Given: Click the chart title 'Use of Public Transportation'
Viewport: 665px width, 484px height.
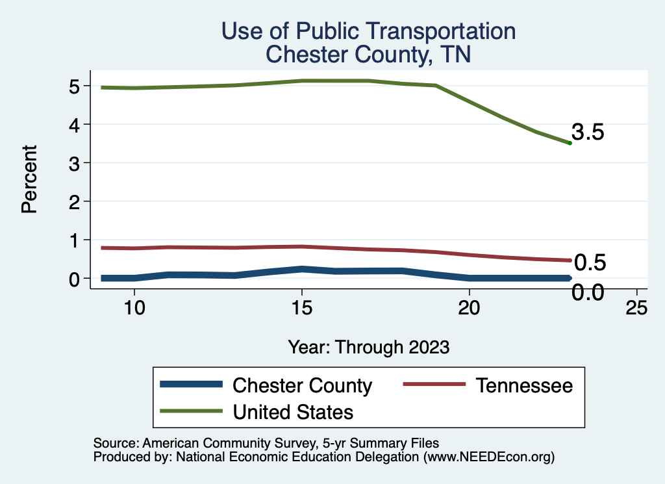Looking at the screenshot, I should tap(368, 31).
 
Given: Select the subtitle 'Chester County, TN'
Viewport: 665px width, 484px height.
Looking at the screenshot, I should tap(368, 55).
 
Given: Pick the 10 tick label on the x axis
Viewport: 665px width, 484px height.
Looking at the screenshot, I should tap(134, 309).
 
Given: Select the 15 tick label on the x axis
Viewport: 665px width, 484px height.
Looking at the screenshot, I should tap(301, 309).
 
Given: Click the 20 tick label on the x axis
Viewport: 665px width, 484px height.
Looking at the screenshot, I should tap(469, 309).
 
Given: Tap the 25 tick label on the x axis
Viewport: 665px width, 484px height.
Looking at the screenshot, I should tap(636, 309).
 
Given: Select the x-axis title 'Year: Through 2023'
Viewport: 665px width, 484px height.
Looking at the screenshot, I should tap(368, 347).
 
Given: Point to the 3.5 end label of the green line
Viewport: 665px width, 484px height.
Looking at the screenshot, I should tap(588, 133).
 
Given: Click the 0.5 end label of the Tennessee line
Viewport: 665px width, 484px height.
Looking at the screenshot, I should tap(590, 262).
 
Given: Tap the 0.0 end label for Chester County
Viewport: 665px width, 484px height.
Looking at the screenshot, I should tap(588, 293).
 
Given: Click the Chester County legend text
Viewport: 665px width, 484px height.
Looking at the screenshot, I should tap(302, 385).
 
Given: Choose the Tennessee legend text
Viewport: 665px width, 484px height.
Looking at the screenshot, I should tap(524, 385).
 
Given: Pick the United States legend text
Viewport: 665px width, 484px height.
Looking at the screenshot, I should tap(293, 411).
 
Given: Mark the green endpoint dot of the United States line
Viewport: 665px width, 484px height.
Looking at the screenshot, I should tap(570, 143).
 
